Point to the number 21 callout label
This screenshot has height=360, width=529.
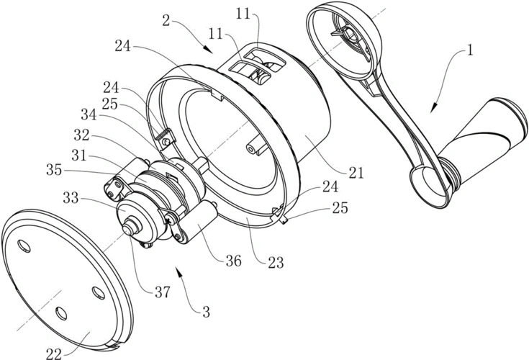356,172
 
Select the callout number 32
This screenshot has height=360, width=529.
81,135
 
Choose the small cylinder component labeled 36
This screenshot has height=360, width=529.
203,219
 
